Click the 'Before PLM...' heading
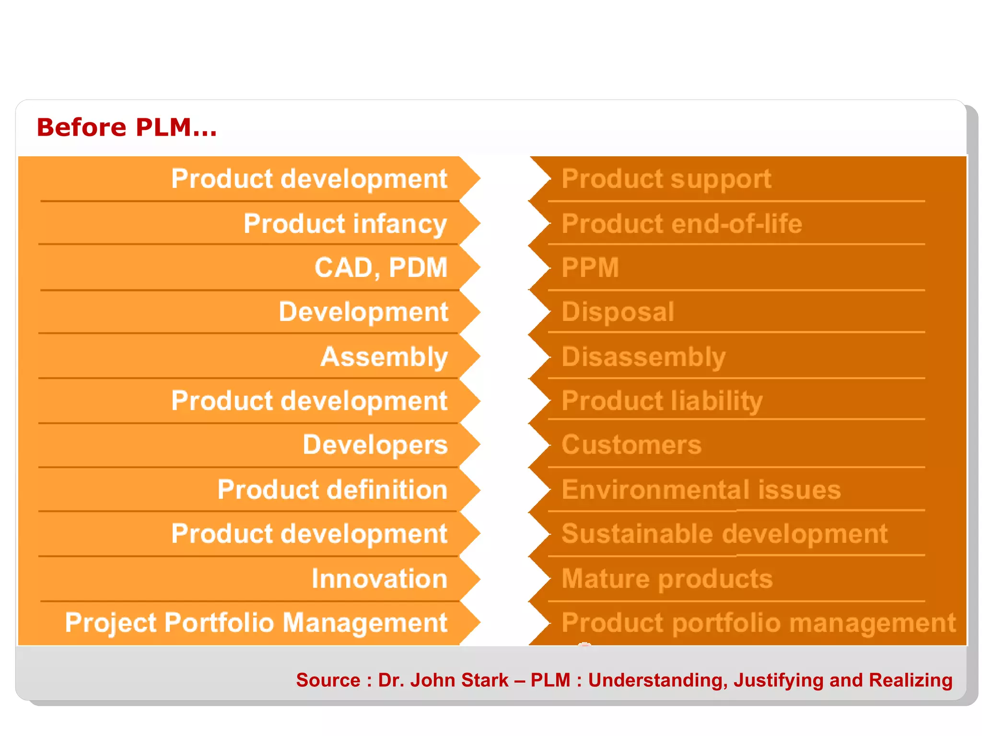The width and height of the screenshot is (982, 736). point(127,127)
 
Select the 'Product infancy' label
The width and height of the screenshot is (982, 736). point(345,224)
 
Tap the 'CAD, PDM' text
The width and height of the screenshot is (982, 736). point(381,267)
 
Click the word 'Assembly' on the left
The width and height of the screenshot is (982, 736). point(384,357)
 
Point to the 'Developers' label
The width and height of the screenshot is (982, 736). point(375,445)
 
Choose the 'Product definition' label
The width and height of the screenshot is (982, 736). point(332,490)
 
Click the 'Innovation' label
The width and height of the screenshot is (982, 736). point(379,578)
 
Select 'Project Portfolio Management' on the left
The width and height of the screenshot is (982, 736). point(256,623)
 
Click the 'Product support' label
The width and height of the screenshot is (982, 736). point(666,179)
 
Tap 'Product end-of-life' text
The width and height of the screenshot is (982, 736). point(681,224)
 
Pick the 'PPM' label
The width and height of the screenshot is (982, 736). point(590,267)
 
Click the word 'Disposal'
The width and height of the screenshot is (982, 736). point(618,312)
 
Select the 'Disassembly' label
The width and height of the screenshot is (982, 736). point(643,357)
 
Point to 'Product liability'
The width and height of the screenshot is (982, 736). point(662,401)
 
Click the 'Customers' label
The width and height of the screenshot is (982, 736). point(631,445)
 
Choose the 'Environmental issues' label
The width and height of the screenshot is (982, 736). point(701,490)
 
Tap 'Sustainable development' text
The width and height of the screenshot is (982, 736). point(725,534)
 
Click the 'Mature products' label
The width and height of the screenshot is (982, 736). point(667,578)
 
